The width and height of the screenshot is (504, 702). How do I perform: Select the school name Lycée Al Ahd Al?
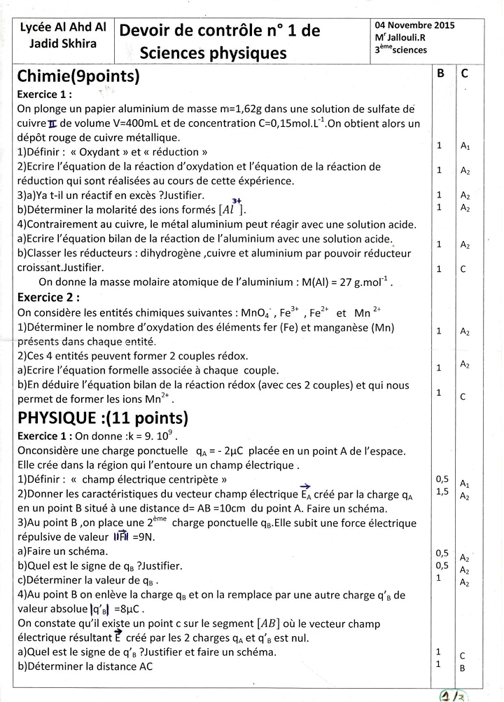[x=63, y=27]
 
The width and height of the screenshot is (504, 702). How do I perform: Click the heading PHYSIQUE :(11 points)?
[x=103, y=418]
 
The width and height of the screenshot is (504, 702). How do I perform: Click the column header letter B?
[x=440, y=73]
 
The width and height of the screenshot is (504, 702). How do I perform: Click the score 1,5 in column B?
[x=442, y=492]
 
